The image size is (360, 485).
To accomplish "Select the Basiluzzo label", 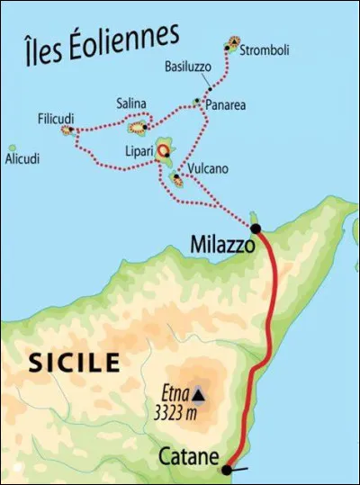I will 187,67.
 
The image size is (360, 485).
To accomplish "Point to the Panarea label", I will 226,105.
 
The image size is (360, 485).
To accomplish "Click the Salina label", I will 130,102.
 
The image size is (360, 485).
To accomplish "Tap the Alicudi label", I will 22,159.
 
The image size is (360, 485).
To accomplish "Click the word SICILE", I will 75,363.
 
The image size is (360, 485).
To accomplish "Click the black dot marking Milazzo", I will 256,229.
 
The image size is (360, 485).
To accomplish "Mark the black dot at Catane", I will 228,468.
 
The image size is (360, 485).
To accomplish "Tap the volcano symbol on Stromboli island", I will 234,41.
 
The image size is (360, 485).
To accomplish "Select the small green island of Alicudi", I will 12,148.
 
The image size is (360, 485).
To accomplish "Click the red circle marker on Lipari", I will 165,150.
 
